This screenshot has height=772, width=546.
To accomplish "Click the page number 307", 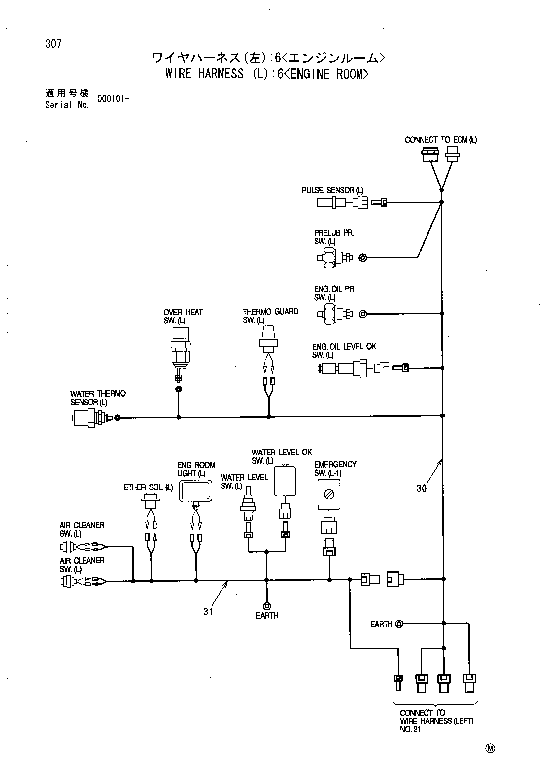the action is pos(53,44).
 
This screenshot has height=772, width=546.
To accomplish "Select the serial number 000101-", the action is pos(113,99).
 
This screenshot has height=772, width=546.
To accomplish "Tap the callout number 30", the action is pos(422,488).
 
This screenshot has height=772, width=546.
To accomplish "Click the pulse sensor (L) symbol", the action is pos(331,203).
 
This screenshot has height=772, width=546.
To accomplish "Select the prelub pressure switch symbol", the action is pos(334,258).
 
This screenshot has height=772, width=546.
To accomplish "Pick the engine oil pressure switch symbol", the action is pos(334,314).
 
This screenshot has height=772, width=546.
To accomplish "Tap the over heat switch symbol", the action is pos(180,354).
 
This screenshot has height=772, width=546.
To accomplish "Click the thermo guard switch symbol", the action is pos(268,340).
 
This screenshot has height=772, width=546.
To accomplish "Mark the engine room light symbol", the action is pos(195,491).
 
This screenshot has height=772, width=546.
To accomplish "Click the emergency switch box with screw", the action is pos(329,494).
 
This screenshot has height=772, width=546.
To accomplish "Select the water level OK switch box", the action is pos(285,481).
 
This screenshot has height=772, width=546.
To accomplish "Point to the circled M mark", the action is pos(490,749).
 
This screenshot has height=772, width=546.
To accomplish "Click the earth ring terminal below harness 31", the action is pos(267,606).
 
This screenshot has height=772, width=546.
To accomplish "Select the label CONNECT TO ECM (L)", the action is pos(441,140).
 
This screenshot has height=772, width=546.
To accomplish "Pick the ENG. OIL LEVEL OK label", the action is pos(344,347).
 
